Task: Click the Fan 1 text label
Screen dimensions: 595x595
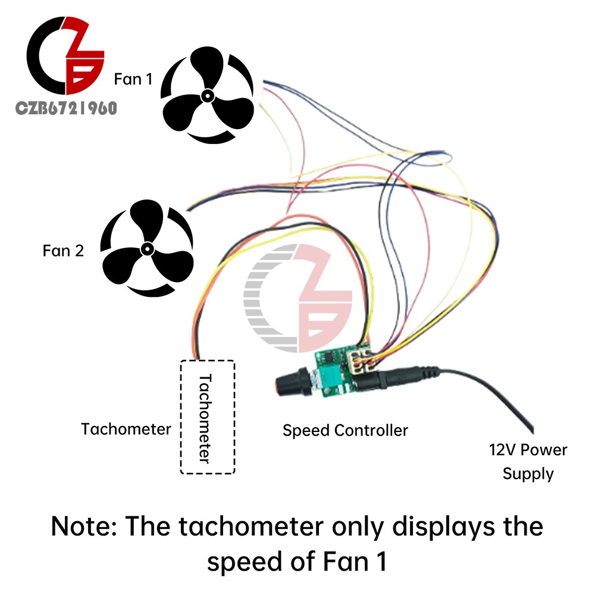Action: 133,79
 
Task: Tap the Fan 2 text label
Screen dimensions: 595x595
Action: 63,251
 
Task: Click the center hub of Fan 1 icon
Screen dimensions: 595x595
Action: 208,96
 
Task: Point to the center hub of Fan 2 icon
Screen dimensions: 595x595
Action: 147,249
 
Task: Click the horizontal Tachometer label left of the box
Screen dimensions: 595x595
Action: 126,429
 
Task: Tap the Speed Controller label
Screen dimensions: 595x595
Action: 345,431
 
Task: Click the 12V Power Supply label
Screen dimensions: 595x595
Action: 528,462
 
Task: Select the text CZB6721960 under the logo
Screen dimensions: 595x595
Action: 66,108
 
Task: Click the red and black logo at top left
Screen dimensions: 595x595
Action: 65,55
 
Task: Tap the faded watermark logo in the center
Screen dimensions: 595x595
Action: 298,298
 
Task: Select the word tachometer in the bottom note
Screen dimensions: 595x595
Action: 251,527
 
